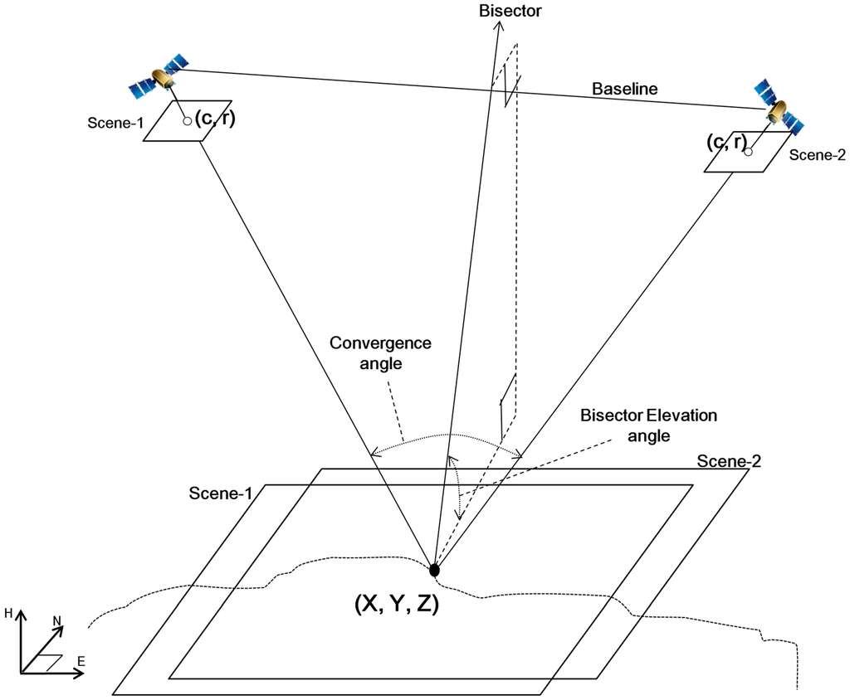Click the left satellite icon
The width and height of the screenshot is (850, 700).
[159, 74]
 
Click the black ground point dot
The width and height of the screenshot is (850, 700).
[433, 570]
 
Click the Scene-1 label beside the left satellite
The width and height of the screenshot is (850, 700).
[115, 124]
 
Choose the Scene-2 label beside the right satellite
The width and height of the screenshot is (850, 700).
[817, 154]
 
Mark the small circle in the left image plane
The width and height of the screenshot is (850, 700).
[188, 121]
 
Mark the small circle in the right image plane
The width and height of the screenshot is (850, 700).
[748, 152]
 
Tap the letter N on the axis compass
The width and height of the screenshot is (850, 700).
[57, 620]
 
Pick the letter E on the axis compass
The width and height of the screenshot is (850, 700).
[81, 661]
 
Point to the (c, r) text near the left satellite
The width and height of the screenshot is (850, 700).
[215, 119]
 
